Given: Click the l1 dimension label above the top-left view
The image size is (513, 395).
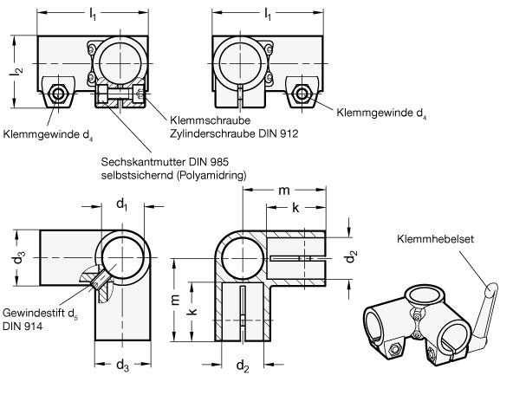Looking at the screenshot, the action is pyautogui.click(x=93, y=14).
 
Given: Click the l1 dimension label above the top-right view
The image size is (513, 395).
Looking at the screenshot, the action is pyautogui.click(x=268, y=14).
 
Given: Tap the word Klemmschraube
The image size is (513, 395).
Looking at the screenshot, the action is pyautogui.click(x=210, y=120).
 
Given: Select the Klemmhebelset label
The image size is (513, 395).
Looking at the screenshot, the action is pyautogui.click(x=435, y=239).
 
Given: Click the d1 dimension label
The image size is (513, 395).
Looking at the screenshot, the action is pyautogui.click(x=122, y=204).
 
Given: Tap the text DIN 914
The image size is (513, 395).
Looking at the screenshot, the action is pyautogui.click(x=23, y=326).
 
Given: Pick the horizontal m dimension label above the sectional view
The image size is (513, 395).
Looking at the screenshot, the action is pyautogui.click(x=284, y=191).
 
